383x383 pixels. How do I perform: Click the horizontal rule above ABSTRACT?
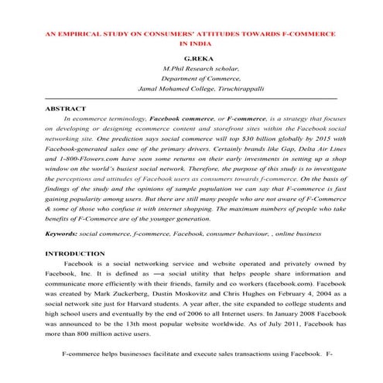coord(191,100)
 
